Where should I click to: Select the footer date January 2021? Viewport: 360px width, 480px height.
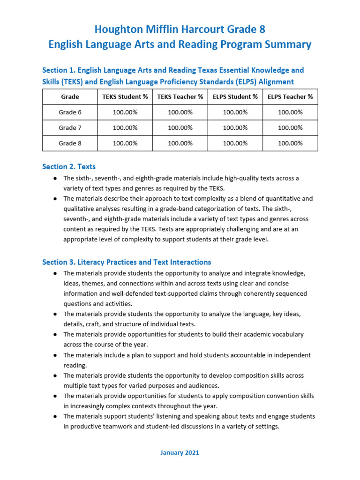(x=180, y=452)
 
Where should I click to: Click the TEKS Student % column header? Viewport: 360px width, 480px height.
(x=125, y=97)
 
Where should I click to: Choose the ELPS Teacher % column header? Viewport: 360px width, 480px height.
(x=290, y=97)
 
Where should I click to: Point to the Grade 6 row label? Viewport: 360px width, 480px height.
(x=70, y=112)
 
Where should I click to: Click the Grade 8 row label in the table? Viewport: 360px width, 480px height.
(x=70, y=143)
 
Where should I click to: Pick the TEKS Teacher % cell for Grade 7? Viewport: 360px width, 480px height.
(x=180, y=127)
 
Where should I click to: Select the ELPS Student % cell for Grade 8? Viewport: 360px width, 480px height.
(x=235, y=143)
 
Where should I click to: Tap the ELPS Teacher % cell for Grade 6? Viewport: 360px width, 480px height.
(x=290, y=112)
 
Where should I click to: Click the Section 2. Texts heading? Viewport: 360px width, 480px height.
(x=69, y=166)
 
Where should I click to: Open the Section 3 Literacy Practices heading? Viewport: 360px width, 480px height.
(x=127, y=262)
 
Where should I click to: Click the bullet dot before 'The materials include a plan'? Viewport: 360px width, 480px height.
(x=55, y=355)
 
